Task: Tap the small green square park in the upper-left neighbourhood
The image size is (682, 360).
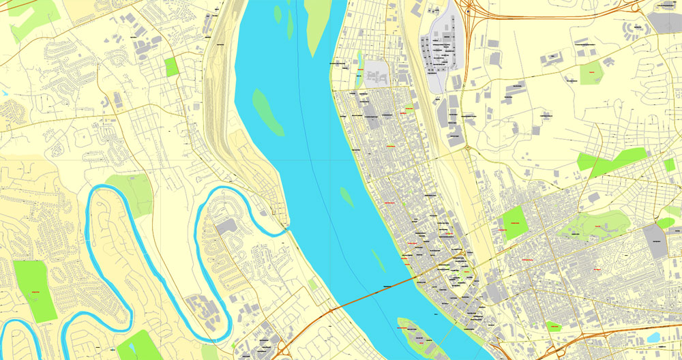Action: click(170, 67)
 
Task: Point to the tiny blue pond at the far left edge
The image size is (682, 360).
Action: click(3, 92)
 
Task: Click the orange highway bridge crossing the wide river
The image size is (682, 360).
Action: click(368, 293)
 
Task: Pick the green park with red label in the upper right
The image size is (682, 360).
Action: click(591, 72)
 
